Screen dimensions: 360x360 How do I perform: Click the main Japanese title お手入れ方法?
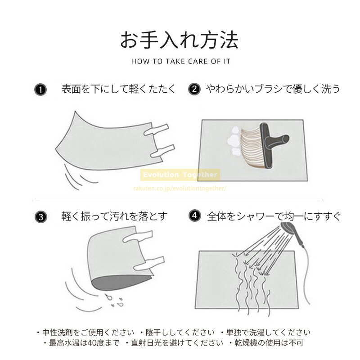(179, 40)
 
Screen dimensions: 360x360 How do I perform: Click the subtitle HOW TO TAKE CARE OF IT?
(181, 62)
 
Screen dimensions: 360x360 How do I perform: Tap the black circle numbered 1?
(40, 90)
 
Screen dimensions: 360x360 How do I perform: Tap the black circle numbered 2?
(194, 89)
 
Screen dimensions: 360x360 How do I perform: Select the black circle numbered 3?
(41, 217)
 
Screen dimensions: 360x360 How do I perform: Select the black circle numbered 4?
(195, 216)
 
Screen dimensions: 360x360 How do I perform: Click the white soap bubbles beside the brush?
(234, 140)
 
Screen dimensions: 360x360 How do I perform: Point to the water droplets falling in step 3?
(114, 301)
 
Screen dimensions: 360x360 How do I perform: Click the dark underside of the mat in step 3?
(121, 283)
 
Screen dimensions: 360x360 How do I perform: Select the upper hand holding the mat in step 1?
(156, 130)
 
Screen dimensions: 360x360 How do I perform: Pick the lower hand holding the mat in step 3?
(149, 264)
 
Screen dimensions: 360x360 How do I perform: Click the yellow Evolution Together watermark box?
(180, 175)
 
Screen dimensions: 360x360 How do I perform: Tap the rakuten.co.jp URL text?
(180, 189)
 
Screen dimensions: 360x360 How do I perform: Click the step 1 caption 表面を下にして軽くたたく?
(118, 89)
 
